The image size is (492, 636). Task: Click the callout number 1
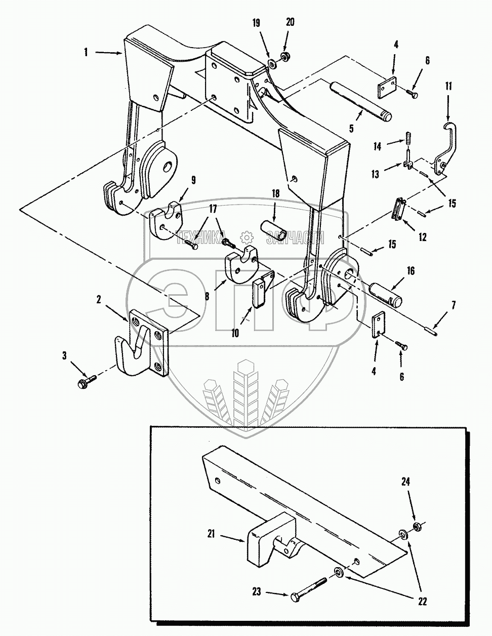tap(86, 52)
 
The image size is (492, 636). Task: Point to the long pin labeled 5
tap(361, 101)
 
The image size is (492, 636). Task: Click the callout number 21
tap(211, 533)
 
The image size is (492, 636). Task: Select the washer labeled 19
tap(271, 64)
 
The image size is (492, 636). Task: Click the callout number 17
tap(213, 209)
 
